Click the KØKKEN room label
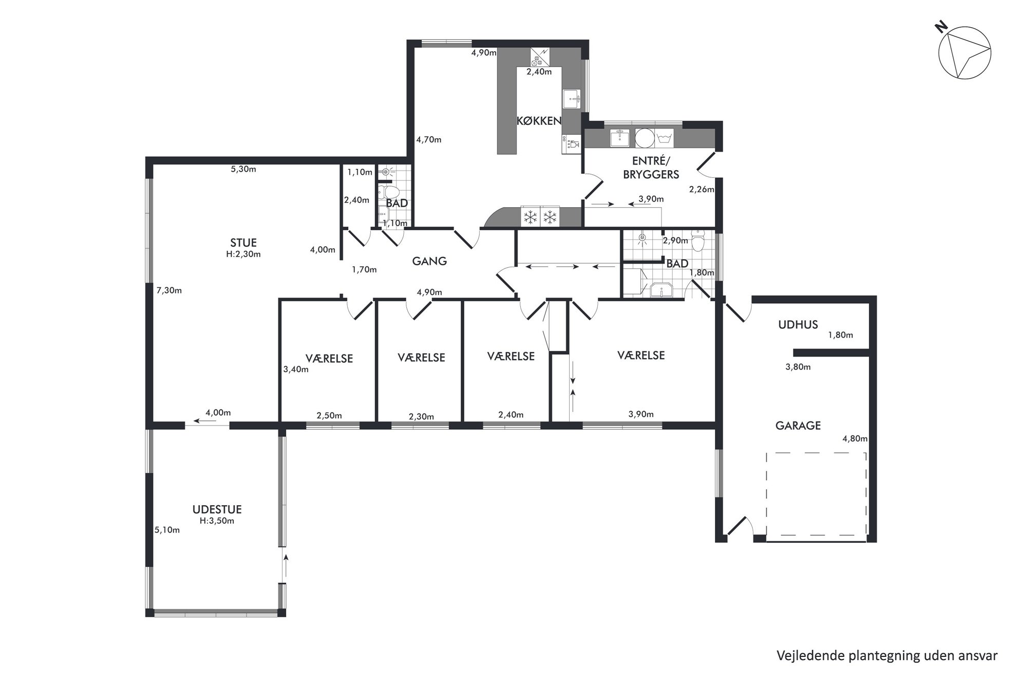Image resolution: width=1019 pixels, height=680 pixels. [x=539, y=121]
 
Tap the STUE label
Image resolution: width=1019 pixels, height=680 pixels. [x=243, y=243]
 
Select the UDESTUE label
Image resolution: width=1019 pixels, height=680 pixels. [x=217, y=509]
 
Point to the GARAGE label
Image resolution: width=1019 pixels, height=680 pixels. [x=798, y=426]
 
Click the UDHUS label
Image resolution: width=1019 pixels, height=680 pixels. [x=798, y=324]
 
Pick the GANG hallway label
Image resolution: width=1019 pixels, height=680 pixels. [x=429, y=261]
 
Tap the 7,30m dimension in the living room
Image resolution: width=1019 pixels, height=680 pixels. [x=169, y=290]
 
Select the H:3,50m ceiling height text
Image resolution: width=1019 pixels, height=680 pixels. [x=217, y=521]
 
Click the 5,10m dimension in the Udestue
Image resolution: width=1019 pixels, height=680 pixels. [x=167, y=530]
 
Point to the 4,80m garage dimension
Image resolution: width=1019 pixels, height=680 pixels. [x=855, y=439]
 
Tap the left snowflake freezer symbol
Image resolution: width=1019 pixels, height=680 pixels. [x=530, y=217]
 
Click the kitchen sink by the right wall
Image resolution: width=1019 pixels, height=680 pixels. [x=572, y=98]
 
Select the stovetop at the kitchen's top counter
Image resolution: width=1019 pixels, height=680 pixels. [x=539, y=57]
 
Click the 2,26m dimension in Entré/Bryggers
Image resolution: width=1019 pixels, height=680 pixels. [x=702, y=189]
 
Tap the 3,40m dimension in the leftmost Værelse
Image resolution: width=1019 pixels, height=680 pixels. [x=296, y=369]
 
